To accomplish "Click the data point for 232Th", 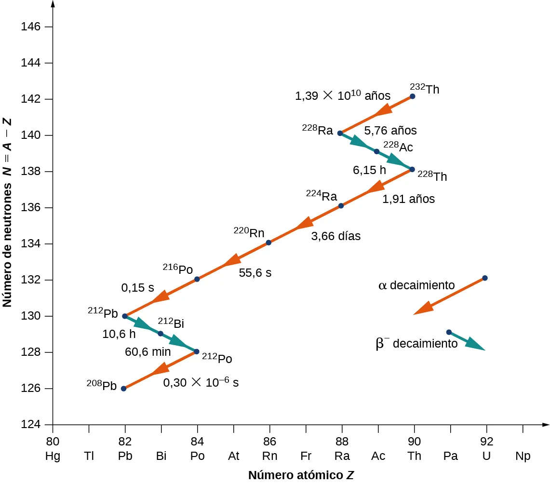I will (x=412, y=96).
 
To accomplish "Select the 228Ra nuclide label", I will (x=318, y=129).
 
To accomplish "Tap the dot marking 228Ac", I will (x=376, y=151).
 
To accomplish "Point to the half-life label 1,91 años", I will (x=408, y=199).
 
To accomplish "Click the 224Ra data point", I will (x=341, y=206).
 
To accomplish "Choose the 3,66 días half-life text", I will (x=335, y=237).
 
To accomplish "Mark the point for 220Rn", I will (x=268, y=242).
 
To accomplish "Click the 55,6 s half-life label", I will (x=255, y=273).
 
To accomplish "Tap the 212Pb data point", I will (x=125, y=316).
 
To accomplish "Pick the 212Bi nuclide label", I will (x=171, y=323).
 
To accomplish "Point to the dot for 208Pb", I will (x=123, y=389).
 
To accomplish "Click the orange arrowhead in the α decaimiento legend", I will (x=423, y=308).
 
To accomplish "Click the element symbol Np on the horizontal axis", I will (x=523, y=456).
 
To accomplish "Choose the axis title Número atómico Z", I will (x=301, y=475).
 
